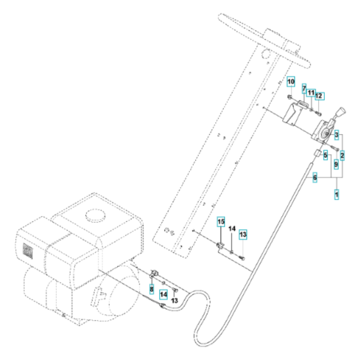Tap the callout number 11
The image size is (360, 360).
(x=311, y=95)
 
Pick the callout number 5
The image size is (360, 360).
(x=326, y=155)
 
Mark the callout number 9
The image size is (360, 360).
(x=336, y=165)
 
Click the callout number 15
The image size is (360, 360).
(x=221, y=222)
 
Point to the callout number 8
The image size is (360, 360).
(x=152, y=290)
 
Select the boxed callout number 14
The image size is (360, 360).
(x=164, y=294)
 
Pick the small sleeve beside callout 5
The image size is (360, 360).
(x=317, y=155)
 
